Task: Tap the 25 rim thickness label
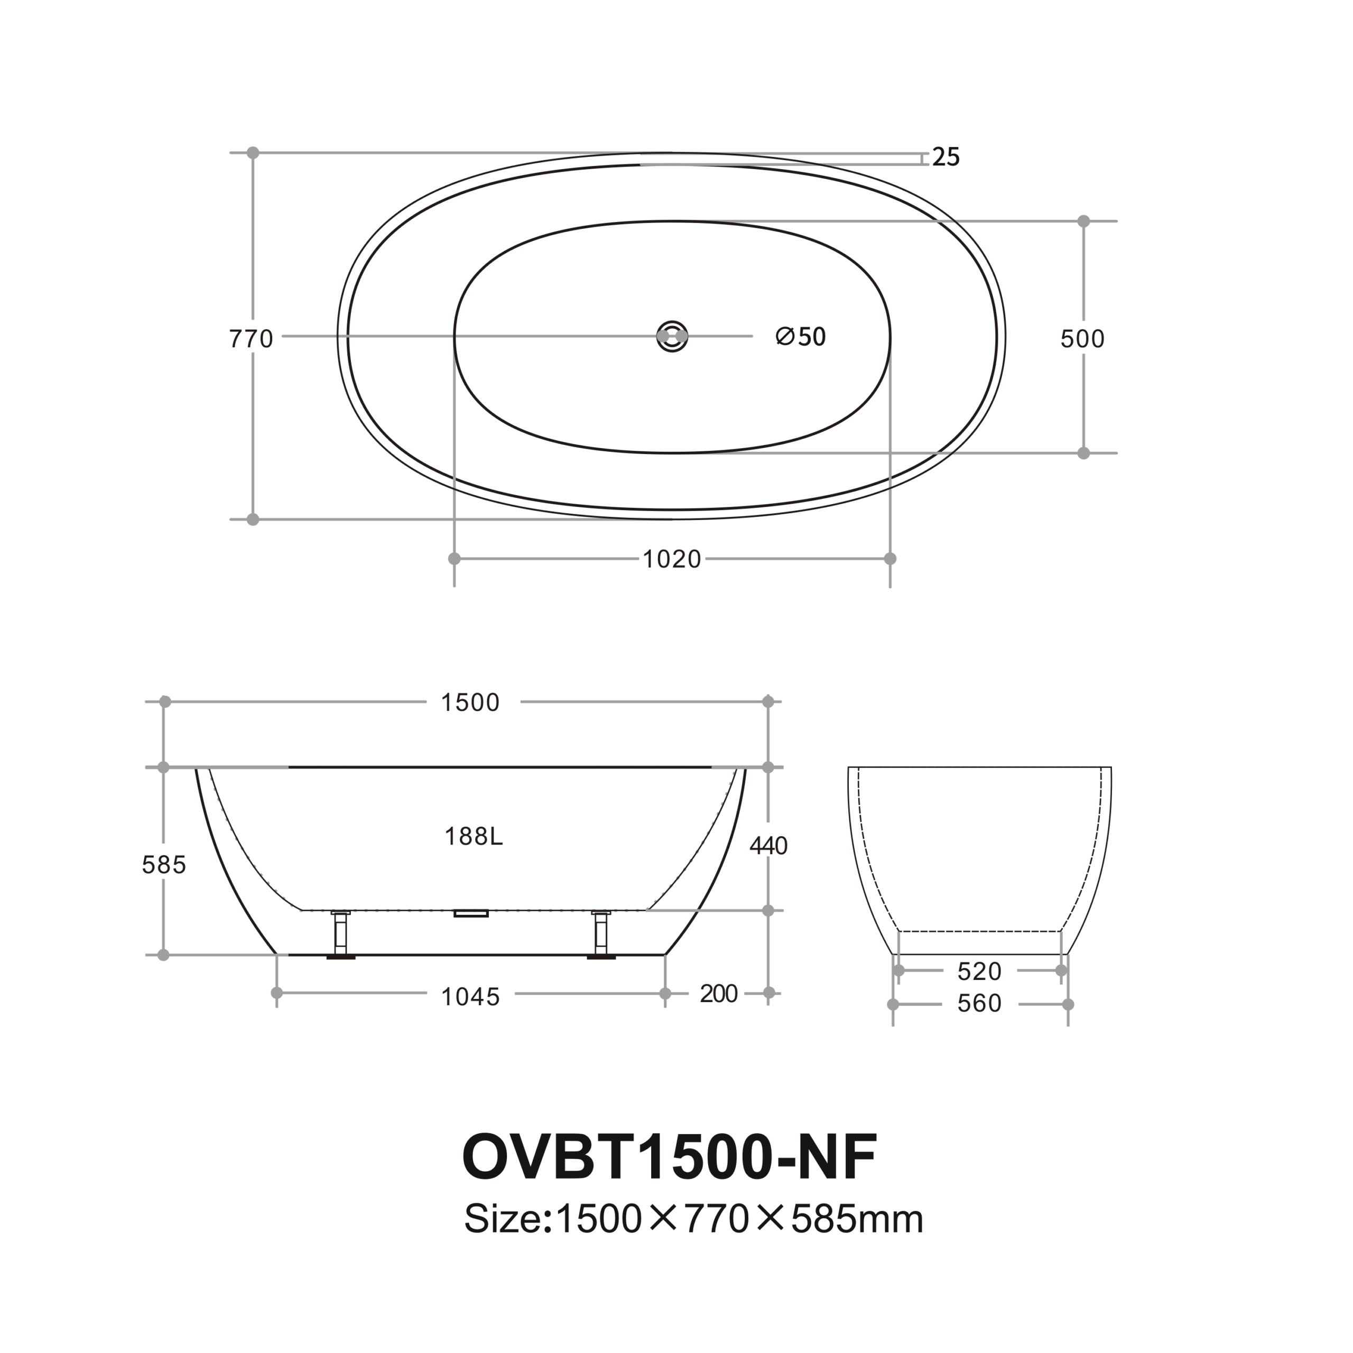946,157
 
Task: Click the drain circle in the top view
672,337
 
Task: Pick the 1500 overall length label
470,703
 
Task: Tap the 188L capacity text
474,837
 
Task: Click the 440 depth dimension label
769,847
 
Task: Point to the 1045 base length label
470,997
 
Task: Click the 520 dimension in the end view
979,972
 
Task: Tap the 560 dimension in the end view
979,1004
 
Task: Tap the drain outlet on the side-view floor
470,913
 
